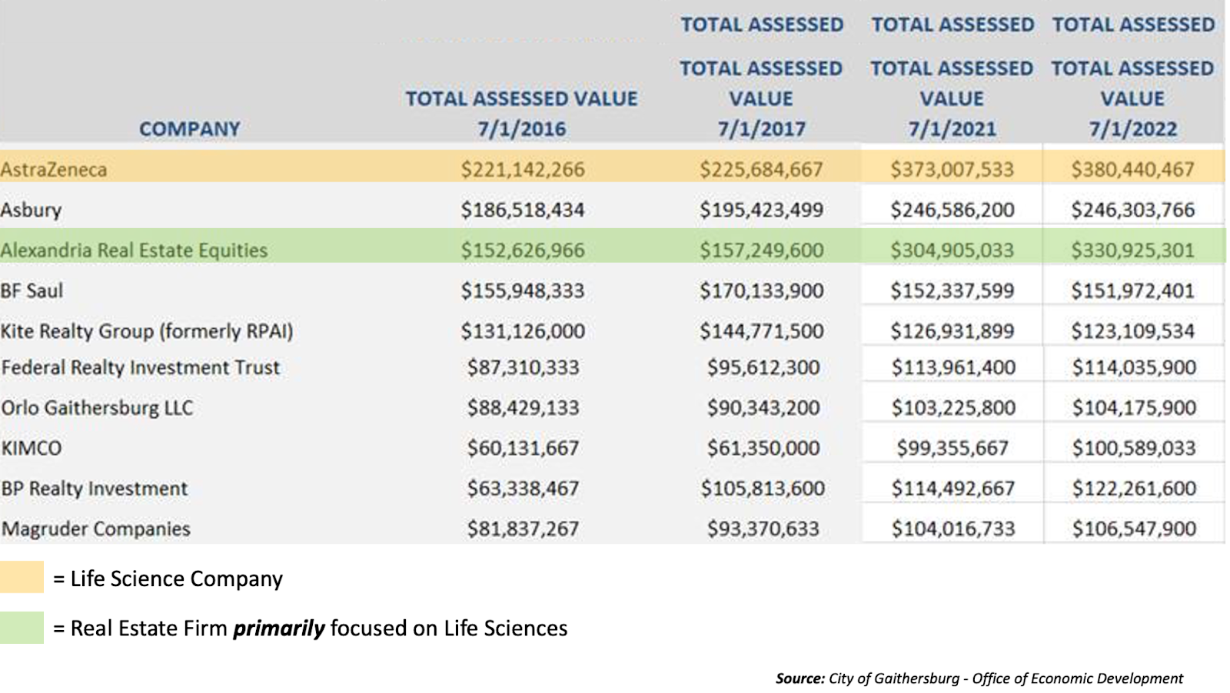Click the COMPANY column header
(189, 129)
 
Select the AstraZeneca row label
(54, 170)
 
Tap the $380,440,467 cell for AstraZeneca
(1132, 170)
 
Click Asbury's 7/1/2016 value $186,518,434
(523, 210)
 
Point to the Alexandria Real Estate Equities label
(135, 250)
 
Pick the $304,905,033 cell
(952, 250)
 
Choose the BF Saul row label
(32, 291)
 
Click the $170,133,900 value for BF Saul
(761, 291)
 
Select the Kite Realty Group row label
(147, 331)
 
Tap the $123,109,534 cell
(1132, 331)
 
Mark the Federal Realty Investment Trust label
(141, 367)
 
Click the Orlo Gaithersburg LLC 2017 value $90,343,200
(763, 408)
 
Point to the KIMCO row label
(32, 448)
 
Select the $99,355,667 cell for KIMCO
(952, 448)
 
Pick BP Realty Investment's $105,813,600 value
(763, 489)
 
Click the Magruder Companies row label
(96, 529)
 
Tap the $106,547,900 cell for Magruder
(1134, 529)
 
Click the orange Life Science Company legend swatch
(22, 578)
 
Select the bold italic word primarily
(279, 628)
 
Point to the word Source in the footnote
(799, 678)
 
